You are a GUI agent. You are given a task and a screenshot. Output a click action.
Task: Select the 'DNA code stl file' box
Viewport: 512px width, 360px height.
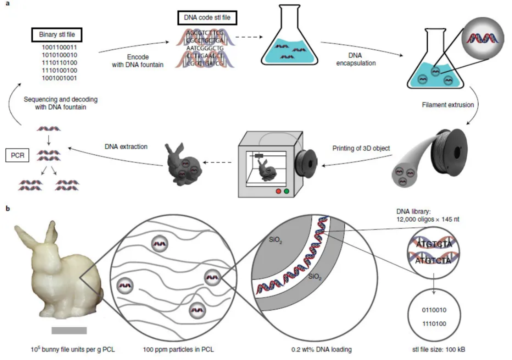[207, 18]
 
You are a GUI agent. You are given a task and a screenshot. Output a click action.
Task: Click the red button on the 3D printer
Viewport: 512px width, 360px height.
[278, 191]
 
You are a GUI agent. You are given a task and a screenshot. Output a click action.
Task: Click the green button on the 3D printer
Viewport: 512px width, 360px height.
[286, 191]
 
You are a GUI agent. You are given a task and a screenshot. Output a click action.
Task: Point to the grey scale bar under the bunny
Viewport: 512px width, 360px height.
[69, 330]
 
